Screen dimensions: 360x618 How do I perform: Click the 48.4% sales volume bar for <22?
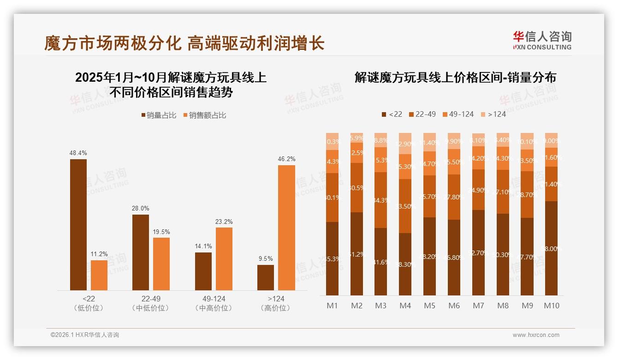click(x=78, y=225)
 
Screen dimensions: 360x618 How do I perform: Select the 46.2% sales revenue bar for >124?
click(x=286, y=228)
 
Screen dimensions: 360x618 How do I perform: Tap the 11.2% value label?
click(x=99, y=254)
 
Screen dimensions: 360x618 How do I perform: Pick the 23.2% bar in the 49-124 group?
click(x=224, y=259)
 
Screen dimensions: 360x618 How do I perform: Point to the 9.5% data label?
click(x=266, y=258)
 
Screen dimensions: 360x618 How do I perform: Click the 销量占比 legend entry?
click(x=159, y=115)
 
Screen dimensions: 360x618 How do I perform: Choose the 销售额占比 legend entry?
click(x=205, y=115)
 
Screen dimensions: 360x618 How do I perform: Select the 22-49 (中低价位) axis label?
click(x=150, y=304)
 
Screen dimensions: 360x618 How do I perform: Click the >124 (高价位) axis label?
click(x=275, y=304)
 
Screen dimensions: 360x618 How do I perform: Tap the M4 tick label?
click(x=405, y=306)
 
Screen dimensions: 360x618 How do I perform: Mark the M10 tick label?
click(x=551, y=306)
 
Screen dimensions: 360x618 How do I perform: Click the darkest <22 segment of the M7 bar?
click(x=478, y=252)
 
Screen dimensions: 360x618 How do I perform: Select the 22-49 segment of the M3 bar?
click(x=380, y=200)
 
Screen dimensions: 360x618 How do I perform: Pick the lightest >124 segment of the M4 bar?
click(x=405, y=143)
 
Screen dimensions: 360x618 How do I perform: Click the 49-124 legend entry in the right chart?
click(x=458, y=114)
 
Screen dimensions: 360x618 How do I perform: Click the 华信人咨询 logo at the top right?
click(x=542, y=40)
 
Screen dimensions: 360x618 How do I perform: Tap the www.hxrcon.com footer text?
click(x=536, y=335)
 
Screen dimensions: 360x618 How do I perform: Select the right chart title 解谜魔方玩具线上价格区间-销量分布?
click(x=455, y=78)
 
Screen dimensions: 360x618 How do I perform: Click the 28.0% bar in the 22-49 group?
click(x=141, y=252)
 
